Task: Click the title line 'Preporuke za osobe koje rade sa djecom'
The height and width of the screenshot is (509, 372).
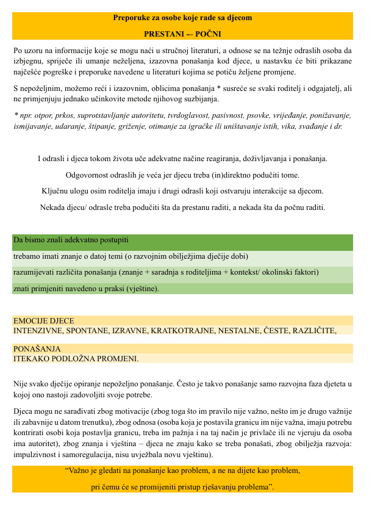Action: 182,18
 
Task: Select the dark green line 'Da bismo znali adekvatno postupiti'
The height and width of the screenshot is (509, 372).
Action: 71,240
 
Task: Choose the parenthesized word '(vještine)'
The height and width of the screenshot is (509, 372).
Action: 142,288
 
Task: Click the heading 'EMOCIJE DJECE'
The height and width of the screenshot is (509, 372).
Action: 43,320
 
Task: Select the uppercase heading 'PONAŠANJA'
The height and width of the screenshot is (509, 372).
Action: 37,348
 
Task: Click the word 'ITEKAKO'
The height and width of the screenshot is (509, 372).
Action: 30,358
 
